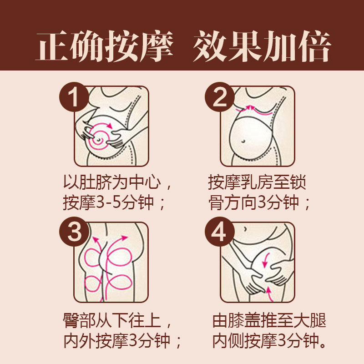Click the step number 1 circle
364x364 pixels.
(x=73, y=96)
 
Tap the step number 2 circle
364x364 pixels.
(x=220, y=96)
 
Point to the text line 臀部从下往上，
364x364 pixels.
(x=117, y=321)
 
